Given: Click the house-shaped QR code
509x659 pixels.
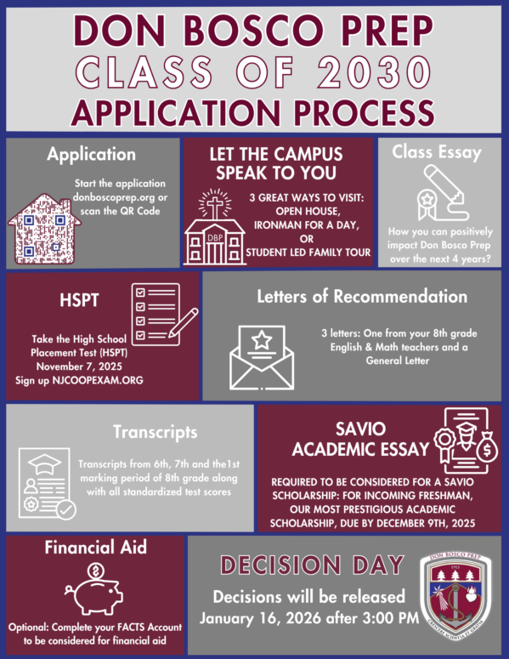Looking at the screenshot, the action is tap(44, 229).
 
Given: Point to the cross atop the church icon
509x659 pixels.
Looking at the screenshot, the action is tap(215, 204).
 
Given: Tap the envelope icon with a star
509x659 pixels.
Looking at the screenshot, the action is tap(262, 357).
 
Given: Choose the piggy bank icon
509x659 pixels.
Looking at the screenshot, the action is tap(94, 589).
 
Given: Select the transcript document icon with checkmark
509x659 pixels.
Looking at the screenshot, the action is tap(47, 483).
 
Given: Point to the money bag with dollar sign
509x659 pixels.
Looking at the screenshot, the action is tap(487, 447).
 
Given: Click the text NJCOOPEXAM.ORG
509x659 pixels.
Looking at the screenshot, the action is tap(98, 380).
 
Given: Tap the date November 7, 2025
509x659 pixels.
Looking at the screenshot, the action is tap(79, 366).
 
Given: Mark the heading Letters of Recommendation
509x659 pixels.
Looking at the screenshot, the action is tap(362, 297).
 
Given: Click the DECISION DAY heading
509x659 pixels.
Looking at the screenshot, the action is tap(312, 565).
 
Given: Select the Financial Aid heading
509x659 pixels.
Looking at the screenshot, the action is tap(96, 548).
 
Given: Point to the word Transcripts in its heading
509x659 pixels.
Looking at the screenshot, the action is tap(155, 432).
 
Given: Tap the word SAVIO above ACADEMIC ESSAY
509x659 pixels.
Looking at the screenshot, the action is tap(360, 429).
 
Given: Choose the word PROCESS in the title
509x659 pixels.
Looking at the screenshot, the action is tap(364, 112).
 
